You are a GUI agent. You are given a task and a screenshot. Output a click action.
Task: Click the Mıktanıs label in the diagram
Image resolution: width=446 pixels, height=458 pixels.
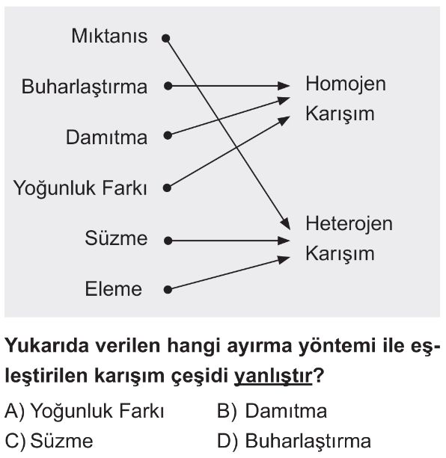click(x=109, y=36)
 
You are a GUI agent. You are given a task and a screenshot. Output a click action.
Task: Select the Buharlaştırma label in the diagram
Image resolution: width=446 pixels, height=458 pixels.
click(x=85, y=87)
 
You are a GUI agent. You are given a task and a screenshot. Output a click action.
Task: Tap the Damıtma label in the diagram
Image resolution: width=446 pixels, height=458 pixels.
click(x=106, y=137)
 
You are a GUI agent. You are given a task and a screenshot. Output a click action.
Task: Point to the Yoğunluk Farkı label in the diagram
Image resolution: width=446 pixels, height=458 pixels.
click(x=80, y=188)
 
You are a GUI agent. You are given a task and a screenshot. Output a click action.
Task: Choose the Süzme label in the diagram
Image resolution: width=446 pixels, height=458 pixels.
click(x=116, y=238)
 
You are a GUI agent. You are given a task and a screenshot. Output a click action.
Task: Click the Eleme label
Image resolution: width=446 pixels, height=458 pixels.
click(x=114, y=289)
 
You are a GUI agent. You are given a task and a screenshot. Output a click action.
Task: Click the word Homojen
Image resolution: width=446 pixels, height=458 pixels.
click(x=346, y=84)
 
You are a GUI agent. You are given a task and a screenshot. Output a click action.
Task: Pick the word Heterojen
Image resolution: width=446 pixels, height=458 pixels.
click(x=349, y=223)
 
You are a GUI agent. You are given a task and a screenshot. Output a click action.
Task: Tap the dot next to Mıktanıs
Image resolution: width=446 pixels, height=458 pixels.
click(x=166, y=38)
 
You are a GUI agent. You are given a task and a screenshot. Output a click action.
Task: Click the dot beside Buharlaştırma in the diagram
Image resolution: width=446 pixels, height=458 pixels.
click(x=168, y=86)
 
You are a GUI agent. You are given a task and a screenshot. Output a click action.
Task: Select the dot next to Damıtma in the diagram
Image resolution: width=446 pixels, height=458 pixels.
click(x=168, y=135)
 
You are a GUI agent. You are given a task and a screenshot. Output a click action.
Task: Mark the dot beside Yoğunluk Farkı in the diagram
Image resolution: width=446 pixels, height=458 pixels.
click(x=167, y=188)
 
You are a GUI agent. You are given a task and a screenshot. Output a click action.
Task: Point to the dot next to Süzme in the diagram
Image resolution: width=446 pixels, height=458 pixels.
click(x=168, y=241)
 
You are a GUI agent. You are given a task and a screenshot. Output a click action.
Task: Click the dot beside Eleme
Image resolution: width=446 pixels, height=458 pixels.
click(x=168, y=290)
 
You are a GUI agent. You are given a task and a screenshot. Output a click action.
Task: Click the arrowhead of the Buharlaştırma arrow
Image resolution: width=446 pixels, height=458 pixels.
click(x=284, y=86)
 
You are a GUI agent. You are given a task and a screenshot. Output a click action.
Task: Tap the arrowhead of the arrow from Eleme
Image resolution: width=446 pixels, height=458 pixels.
click(x=284, y=259)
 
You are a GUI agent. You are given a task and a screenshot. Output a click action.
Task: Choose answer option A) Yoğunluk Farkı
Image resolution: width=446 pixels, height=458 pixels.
click(x=85, y=412)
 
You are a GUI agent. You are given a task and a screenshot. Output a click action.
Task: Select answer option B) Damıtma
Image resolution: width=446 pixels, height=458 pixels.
click(x=272, y=411)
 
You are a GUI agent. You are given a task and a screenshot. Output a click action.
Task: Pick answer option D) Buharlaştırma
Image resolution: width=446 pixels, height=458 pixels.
click(x=294, y=441)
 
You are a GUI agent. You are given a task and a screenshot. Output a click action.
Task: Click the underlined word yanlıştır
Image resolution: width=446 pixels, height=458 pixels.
click(x=273, y=376)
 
